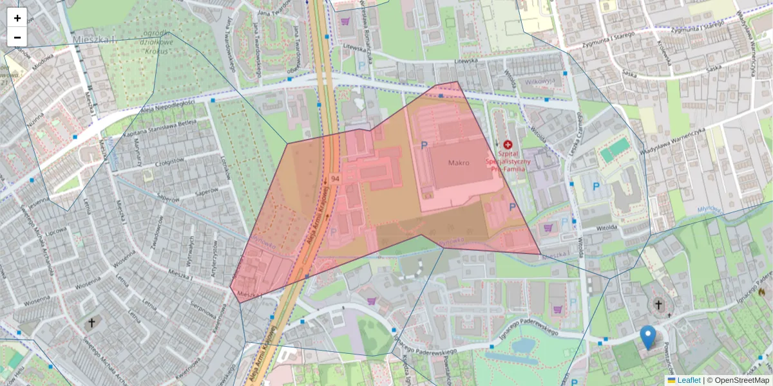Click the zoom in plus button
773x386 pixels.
17,18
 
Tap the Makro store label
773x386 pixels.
459,163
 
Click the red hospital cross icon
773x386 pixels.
508,146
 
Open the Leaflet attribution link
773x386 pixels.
688,380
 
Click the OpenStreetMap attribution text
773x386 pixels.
741,380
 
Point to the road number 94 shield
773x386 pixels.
334,178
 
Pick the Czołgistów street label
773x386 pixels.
161,163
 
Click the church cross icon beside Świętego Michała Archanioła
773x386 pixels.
91,322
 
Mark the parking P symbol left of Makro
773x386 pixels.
424,146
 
